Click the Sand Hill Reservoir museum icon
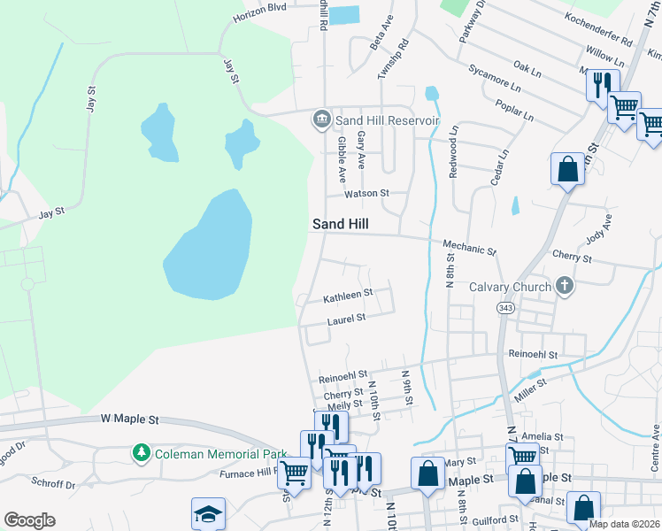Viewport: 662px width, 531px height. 321,119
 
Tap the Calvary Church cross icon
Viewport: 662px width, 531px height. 564,286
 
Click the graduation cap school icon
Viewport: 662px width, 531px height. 208,512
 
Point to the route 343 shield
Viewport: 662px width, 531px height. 505,307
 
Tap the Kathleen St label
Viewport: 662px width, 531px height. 348,293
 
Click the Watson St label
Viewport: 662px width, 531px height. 366,193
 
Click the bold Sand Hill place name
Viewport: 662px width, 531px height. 339,225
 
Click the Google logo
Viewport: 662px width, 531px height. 29,520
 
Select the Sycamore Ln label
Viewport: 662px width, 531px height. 496,83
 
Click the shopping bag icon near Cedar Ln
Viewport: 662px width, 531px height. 566,169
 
